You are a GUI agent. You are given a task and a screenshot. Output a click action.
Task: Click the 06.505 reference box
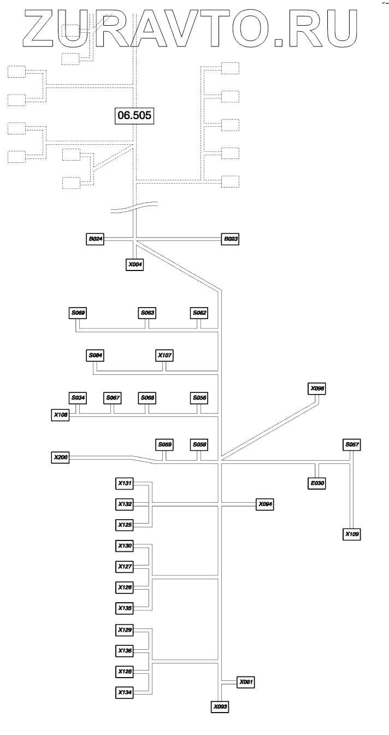click(133, 115)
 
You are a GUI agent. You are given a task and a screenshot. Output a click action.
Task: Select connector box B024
click(96, 239)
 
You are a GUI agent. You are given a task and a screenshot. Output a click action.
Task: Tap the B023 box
click(230, 239)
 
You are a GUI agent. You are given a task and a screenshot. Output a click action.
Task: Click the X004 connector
click(135, 264)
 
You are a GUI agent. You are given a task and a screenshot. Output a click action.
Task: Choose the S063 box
click(146, 313)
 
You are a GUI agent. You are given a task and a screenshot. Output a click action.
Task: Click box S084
click(96, 355)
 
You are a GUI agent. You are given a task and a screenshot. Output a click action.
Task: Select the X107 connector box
click(164, 355)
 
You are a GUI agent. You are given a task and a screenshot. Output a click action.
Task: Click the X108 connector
click(61, 415)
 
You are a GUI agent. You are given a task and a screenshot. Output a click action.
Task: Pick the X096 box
click(317, 388)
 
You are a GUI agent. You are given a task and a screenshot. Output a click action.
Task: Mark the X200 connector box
click(61, 456)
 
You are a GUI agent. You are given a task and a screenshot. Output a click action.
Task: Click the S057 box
click(351, 444)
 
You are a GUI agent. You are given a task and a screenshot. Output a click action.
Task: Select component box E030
click(316, 483)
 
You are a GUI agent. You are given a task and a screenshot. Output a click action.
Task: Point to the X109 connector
click(351, 533)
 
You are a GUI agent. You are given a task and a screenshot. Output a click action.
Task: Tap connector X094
click(265, 504)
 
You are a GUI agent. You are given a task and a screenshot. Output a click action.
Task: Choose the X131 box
click(125, 483)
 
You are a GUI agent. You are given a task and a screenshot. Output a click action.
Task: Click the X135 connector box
click(125, 607)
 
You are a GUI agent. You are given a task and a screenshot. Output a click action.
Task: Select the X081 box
click(246, 681)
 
